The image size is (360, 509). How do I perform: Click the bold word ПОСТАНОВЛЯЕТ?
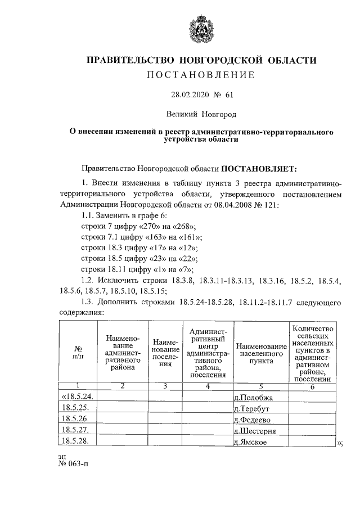coord(263,168)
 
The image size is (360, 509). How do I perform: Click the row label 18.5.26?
coord(76,420)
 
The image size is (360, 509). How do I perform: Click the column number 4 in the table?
coord(207,386)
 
